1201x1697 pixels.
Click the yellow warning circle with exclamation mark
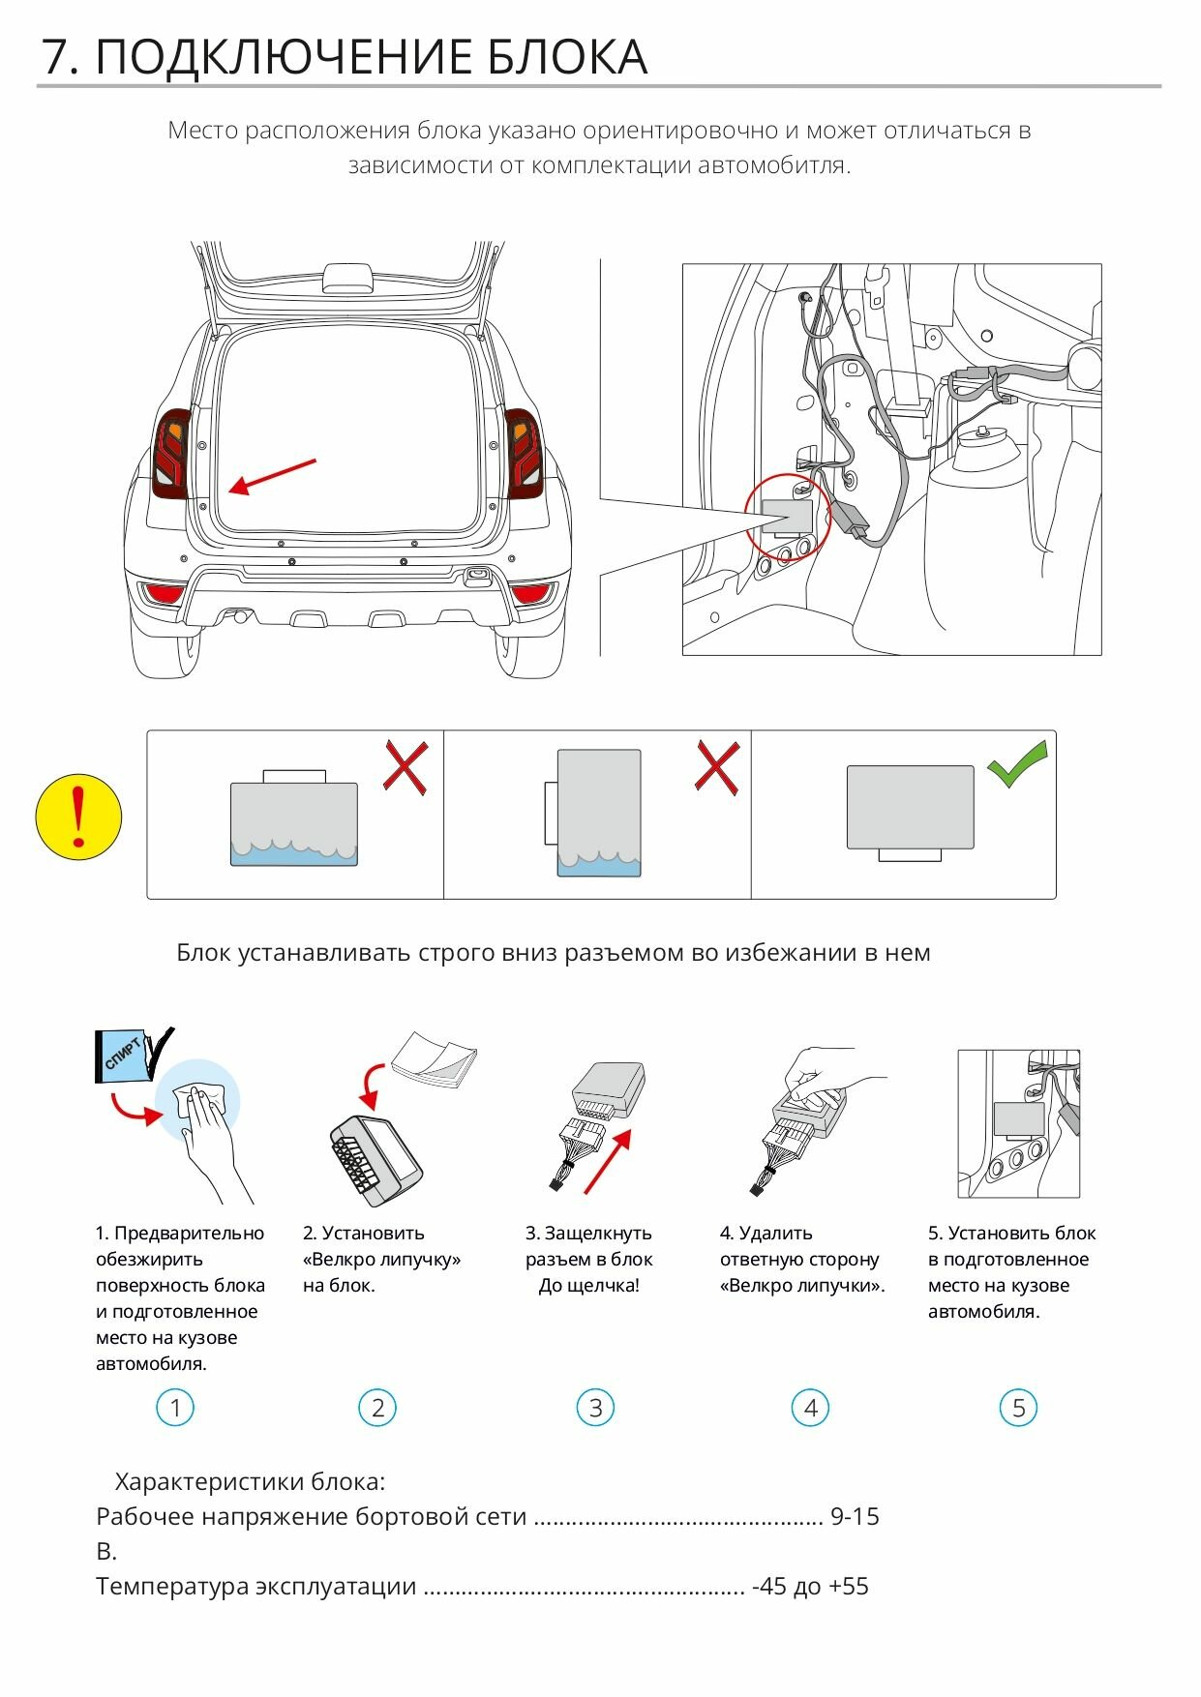[78, 817]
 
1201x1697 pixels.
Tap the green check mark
[1017, 764]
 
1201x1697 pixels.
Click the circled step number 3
[595, 1408]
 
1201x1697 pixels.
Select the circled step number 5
[1018, 1408]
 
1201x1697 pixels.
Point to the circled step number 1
[175, 1408]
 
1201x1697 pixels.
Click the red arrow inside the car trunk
[272, 476]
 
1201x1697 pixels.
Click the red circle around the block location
[787, 517]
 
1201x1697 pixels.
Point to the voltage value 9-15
[855, 1516]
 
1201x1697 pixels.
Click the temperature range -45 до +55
[810, 1586]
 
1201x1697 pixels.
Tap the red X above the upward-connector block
[405, 768]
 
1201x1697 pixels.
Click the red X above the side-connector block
[717, 768]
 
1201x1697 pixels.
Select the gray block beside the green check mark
[910, 807]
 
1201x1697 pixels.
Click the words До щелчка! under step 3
[588, 1286]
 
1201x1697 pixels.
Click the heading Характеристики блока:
[250, 1481]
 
